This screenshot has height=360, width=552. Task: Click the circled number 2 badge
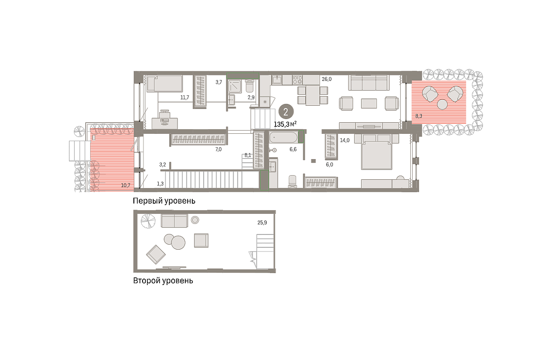tap(286, 112)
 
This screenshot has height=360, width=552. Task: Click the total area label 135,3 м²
tap(285, 124)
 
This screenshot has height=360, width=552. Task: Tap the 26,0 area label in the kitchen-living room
tap(327, 79)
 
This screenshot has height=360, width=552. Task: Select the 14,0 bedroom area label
tap(345, 140)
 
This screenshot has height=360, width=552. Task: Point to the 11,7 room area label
tap(184, 97)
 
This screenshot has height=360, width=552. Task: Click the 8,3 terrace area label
tap(419, 116)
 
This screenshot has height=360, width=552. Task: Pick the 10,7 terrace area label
tap(126, 185)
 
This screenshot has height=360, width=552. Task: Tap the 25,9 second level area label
tap(262, 223)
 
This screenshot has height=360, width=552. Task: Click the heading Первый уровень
tap(164, 201)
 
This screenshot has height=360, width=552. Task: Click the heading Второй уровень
tap(163, 280)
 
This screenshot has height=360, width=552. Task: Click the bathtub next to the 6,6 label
tap(283, 137)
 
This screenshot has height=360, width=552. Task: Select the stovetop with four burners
tap(298, 80)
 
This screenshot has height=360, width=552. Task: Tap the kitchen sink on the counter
tap(277, 80)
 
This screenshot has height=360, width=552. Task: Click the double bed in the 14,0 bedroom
tap(376, 155)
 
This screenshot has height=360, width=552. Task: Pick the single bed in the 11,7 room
tap(165, 84)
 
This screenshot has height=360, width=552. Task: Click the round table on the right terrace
tap(442, 104)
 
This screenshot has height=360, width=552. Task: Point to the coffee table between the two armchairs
tap(368, 103)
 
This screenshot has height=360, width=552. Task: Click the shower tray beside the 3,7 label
tap(234, 86)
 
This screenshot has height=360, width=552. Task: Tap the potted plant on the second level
tap(148, 221)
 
